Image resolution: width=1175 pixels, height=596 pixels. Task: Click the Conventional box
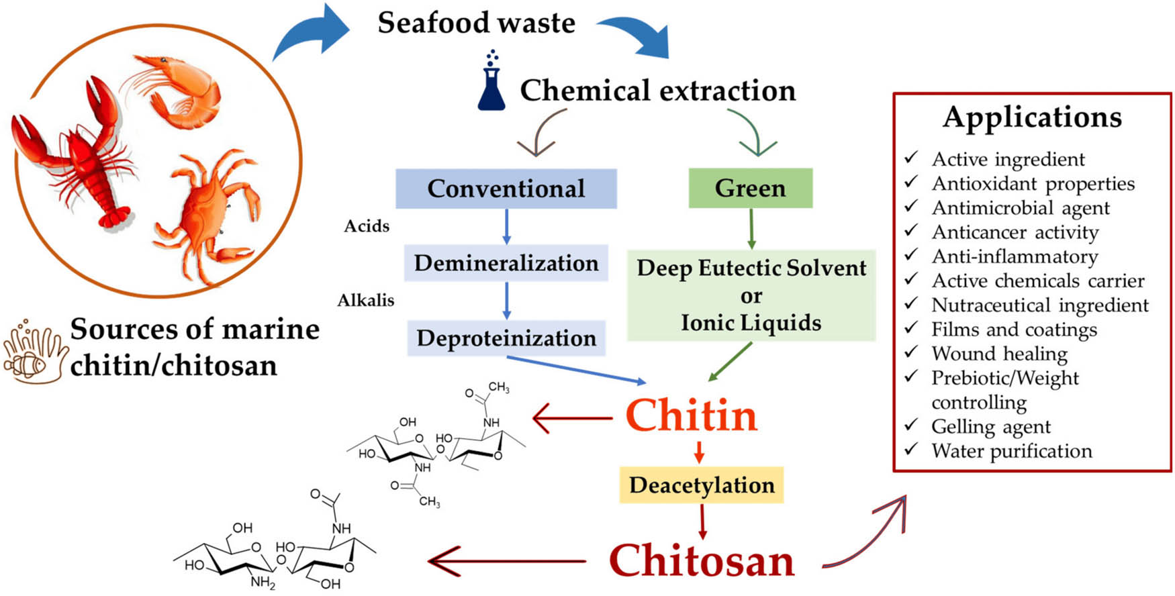click(506, 189)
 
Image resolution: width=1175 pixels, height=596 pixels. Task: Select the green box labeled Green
click(750, 189)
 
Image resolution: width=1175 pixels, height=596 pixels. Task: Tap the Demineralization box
click(506, 263)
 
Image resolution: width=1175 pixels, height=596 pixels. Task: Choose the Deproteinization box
click(506, 338)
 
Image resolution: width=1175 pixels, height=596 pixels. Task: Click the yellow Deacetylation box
click(702, 485)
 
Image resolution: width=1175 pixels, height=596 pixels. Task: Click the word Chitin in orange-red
click(691, 416)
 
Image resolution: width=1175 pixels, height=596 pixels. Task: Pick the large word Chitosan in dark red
click(702, 561)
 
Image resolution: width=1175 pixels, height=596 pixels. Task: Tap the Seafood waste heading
click(476, 23)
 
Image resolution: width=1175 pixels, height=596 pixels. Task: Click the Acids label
click(367, 226)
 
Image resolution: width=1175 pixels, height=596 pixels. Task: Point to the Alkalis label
click(366, 300)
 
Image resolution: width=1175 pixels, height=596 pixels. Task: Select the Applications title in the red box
click(1032, 117)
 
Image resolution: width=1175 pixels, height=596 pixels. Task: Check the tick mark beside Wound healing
click(911, 352)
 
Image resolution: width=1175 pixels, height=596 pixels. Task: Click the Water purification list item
click(1011, 451)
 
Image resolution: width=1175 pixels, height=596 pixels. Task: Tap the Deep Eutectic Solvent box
click(751, 296)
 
